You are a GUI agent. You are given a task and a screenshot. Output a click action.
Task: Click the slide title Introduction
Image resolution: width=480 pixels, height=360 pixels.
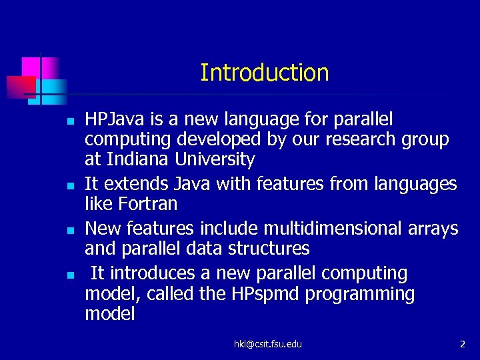coord(264,73)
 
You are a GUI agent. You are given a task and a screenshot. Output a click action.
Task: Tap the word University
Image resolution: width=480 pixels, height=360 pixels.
coord(215,160)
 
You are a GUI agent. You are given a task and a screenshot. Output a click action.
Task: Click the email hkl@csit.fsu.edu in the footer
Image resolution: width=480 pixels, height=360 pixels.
coord(267,344)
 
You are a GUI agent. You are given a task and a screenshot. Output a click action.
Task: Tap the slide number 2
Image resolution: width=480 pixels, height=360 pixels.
coord(462,344)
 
